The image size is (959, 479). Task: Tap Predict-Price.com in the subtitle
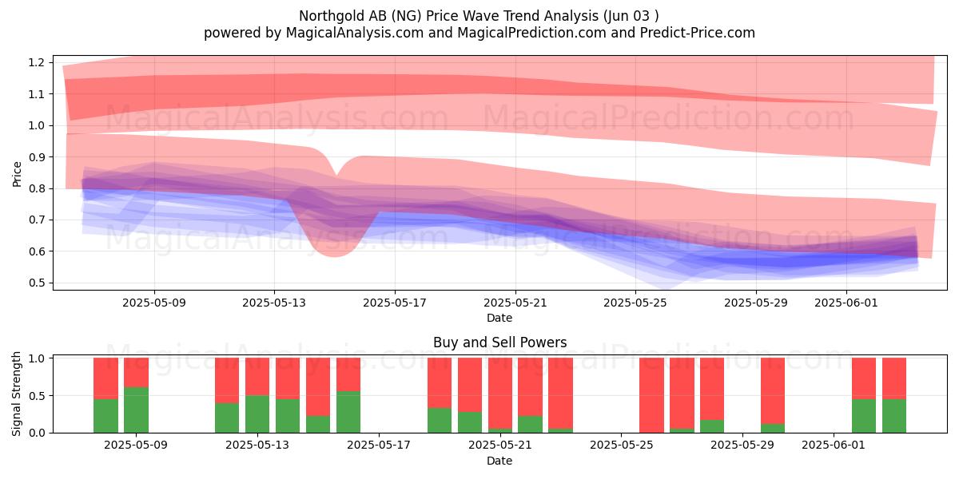(698, 33)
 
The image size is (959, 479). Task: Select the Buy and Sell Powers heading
(499, 342)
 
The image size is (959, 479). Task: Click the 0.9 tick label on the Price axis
(37, 157)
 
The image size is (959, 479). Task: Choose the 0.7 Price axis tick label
(37, 220)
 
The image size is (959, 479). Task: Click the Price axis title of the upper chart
(17, 174)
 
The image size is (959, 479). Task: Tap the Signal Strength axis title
(16, 394)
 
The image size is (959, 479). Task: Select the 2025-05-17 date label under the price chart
(395, 303)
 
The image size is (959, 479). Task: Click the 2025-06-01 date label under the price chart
(846, 303)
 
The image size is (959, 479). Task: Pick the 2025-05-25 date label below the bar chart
(622, 445)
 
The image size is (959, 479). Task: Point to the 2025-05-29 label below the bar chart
(742, 445)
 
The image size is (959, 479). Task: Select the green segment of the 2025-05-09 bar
(136, 410)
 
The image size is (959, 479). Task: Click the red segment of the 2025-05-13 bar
(257, 376)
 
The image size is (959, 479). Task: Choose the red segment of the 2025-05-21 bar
(500, 393)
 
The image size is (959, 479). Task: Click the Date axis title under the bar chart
(499, 461)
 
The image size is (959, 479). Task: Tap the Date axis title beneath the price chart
(499, 318)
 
